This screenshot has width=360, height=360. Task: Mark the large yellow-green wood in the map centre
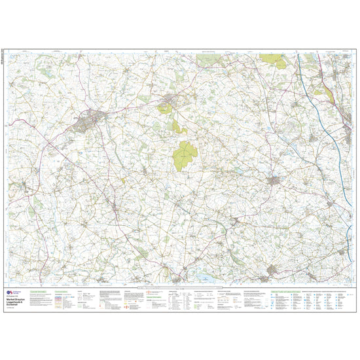pyautogui.click(x=185, y=155)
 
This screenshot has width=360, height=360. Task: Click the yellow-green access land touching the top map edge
pyautogui.click(x=270, y=58)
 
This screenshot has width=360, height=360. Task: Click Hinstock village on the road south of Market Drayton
pyautogui.click(x=115, y=209)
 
